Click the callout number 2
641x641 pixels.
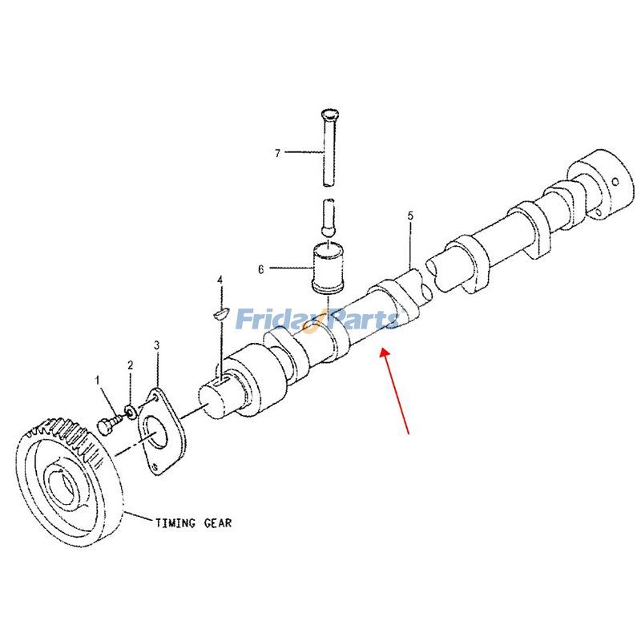129,365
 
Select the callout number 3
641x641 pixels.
157,345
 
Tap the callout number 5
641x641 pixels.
410,216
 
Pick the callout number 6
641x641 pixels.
260,270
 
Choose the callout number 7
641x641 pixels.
278,152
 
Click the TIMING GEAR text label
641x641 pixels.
193,522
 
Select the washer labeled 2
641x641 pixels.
129,411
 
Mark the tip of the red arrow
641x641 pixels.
383,348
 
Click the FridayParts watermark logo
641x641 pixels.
317,320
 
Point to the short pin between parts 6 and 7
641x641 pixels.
328,217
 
